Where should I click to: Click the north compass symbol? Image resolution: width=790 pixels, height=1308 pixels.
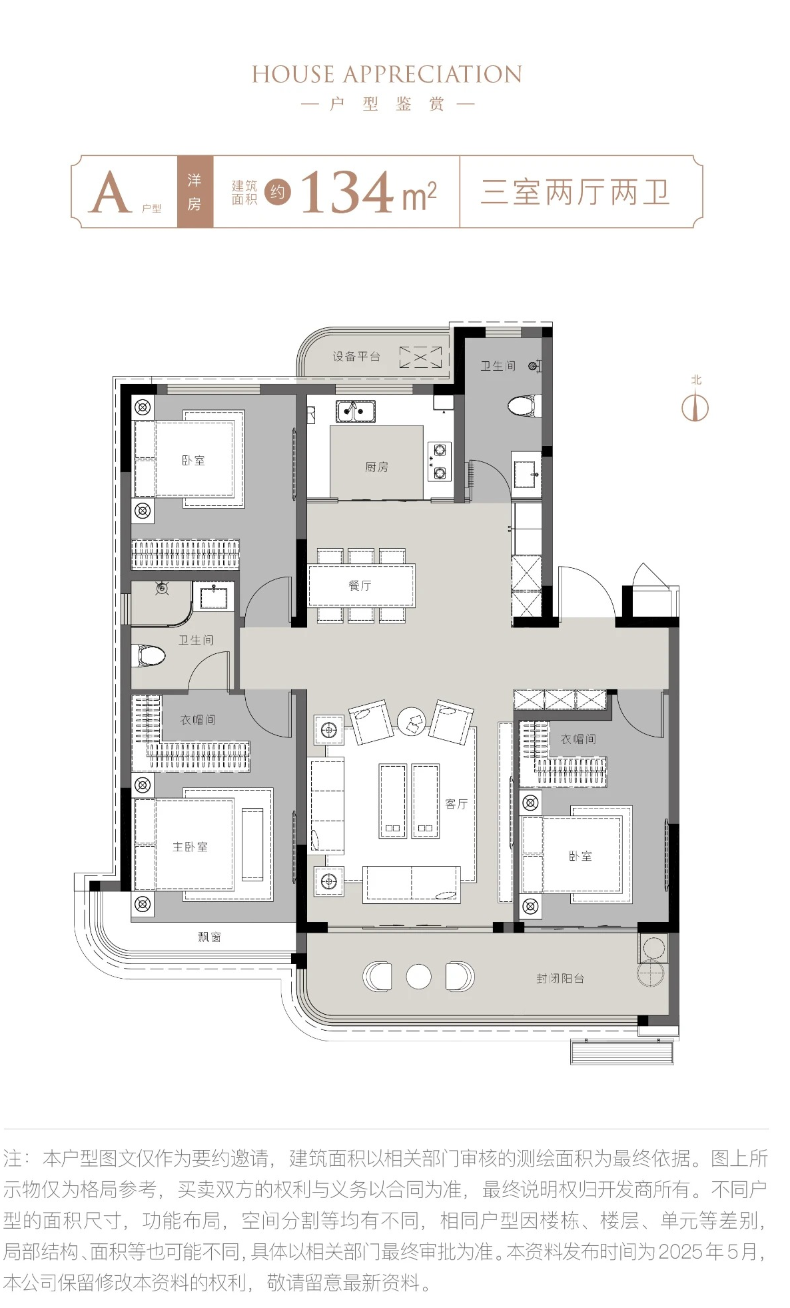click(x=695, y=407)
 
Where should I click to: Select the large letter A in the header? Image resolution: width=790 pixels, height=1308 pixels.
click(x=109, y=192)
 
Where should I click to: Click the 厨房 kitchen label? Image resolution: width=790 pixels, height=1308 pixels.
click(x=376, y=467)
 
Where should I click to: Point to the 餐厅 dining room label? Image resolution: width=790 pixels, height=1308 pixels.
click(x=360, y=585)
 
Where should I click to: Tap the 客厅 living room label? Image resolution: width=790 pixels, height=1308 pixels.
click(x=456, y=804)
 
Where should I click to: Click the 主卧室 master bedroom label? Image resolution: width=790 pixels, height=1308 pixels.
click(x=190, y=847)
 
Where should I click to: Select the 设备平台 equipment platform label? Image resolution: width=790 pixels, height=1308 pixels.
click(x=356, y=357)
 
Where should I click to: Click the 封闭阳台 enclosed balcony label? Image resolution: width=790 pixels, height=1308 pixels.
click(x=560, y=979)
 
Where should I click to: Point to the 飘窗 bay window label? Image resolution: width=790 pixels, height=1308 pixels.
click(x=209, y=937)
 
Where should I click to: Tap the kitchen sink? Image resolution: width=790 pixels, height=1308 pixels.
click(x=355, y=411)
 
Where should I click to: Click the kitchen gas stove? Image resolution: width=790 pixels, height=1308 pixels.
click(x=440, y=461)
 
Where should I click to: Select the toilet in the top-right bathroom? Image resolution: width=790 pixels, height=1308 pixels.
click(x=524, y=405)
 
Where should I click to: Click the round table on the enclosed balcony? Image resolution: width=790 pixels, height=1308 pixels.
click(x=418, y=977)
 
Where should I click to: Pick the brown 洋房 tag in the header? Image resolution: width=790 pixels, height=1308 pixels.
click(x=195, y=192)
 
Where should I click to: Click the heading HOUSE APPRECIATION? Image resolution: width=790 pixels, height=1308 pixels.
click(x=387, y=74)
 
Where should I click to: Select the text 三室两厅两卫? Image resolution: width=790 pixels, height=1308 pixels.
click(x=575, y=192)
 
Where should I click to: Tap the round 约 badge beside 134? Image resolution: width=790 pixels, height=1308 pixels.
click(x=278, y=192)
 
